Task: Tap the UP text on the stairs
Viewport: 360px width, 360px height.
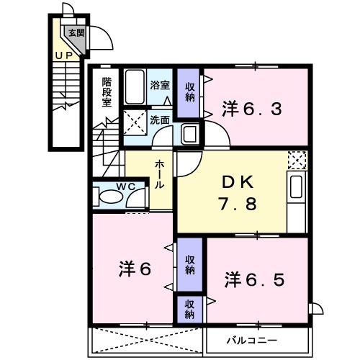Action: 64,55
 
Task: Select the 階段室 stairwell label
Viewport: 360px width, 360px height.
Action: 107,91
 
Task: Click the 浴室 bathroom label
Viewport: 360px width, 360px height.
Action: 159,85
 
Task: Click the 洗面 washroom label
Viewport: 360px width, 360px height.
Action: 159,120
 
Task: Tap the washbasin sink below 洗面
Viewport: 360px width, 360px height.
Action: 190,133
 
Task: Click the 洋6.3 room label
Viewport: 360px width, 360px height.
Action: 250,109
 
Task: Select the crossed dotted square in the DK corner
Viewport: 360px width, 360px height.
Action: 297,160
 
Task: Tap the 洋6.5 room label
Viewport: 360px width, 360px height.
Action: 251,278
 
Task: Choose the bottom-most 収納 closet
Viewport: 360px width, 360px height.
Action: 189,309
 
